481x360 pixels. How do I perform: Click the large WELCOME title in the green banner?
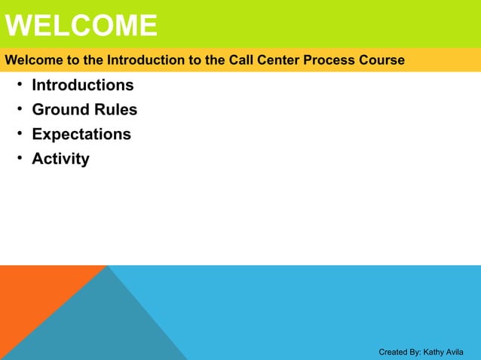coord(81,26)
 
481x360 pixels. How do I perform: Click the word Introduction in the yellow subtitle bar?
coord(142,60)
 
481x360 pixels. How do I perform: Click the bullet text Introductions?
coord(83,85)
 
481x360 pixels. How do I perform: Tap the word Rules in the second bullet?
coord(115,110)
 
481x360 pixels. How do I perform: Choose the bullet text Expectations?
coord(81,134)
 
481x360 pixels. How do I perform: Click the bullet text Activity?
coord(60,159)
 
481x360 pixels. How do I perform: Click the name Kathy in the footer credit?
coord(434,352)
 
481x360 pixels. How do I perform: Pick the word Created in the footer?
coord(393,352)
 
